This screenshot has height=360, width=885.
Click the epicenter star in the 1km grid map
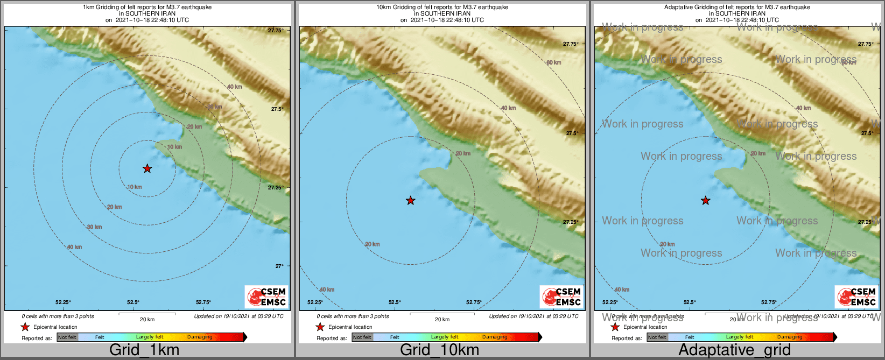click(147, 169)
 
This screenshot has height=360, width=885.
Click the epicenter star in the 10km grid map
click(410, 201)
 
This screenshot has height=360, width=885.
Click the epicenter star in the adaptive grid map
click(705, 201)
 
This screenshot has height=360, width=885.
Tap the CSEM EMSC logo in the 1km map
click(267, 297)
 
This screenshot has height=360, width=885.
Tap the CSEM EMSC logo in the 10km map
click(562, 297)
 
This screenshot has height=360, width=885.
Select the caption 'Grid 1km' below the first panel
click(144, 350)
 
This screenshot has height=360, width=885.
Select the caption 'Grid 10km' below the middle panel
click(439, 350)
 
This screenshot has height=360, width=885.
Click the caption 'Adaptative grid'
click(734, 350)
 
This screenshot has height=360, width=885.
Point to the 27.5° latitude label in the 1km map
click(277, 109)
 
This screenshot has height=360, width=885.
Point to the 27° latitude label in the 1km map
click(279, 266)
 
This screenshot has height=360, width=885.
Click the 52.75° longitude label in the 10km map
click(474, 302)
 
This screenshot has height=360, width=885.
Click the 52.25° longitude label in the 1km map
click(63, 302)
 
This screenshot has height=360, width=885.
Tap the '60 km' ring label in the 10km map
click(553, 63)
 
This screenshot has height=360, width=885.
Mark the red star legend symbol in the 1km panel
click(25, 327)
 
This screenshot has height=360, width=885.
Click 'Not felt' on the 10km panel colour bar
click(362, 337)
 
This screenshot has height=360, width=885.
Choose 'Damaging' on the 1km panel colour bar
click(200, 337)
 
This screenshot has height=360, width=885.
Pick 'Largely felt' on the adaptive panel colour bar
click(739, 337)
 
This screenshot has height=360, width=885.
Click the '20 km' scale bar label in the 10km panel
click(442, 320)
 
